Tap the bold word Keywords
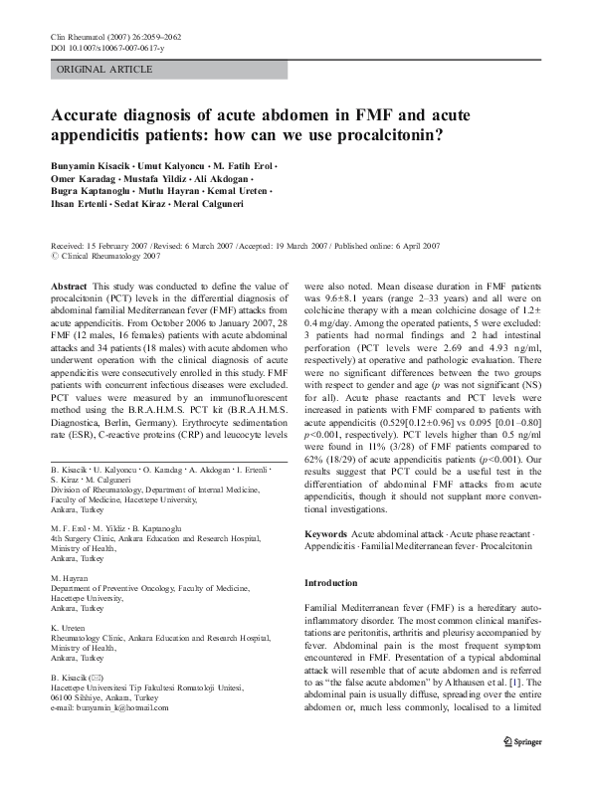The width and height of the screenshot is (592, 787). [326, 534]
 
